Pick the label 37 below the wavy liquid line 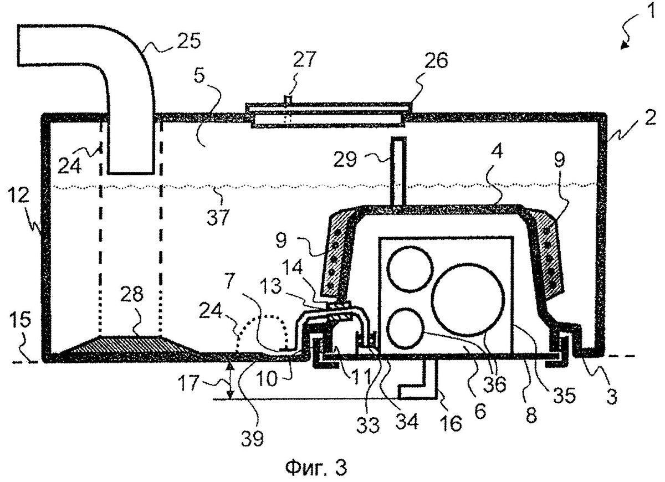pos(218,216)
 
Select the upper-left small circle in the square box pos(410,271)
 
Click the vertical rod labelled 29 pos(398,172)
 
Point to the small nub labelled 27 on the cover pos(287,99)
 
